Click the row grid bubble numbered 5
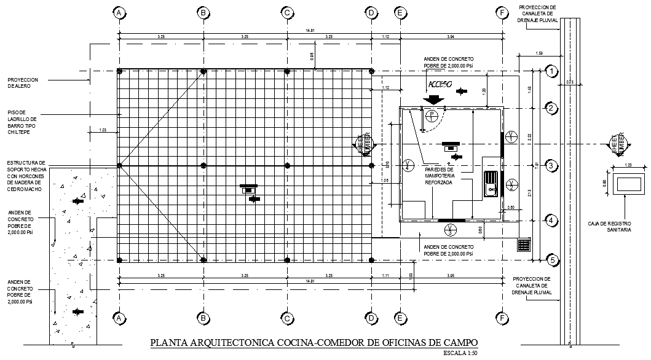pos(552,260)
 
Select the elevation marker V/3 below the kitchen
pos(449,230)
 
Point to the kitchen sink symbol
pos(491,182)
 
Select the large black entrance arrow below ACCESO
pos(435,98)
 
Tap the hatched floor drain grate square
pos(524,245)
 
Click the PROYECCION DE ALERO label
pos(23,83)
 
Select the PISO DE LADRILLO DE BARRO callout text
pos(23,122)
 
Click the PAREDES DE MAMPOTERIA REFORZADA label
pos(438,175)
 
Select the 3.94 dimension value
pos(451,37)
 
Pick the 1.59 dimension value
pos(539,53)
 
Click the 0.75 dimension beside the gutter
pos(569,82)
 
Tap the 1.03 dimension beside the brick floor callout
pos(103,130)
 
